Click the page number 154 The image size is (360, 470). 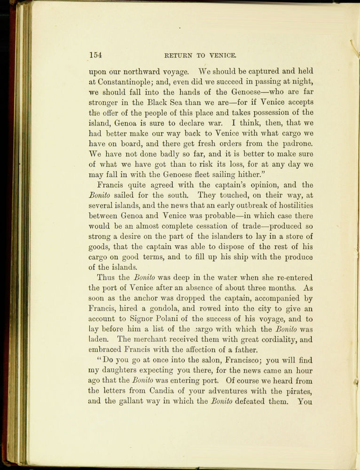[x=96, y=55]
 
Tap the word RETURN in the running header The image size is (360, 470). [x=179, y=55]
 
